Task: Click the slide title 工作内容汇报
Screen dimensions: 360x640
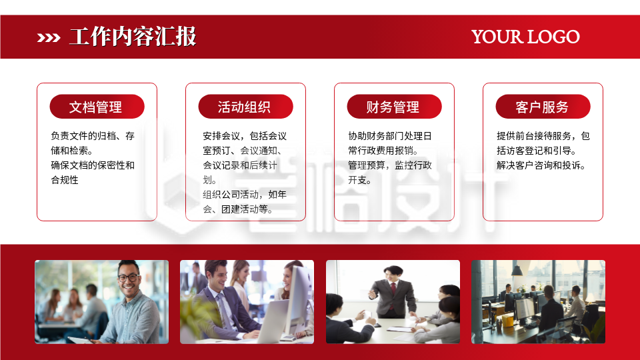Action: tap(132, 37)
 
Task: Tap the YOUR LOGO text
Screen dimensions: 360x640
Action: tap(525, 37)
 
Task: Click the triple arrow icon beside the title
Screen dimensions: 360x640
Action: tap(49, 37)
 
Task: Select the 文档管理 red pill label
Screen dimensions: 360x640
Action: tap(96, 107)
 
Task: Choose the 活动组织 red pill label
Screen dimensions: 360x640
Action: tap(245, 107)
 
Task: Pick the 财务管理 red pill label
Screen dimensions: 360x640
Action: tap(393, 107)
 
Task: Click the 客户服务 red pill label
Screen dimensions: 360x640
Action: tap(542, 107)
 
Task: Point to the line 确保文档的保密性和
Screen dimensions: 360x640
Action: tap(93, 165)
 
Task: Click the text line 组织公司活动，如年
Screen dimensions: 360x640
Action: tap(245, 195)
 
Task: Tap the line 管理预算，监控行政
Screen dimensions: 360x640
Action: tap(390, 165)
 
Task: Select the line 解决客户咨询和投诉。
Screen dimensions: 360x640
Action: tap(541, 165)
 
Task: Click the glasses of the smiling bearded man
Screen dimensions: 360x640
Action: tap(128, 277)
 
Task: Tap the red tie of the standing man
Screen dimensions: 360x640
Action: tap(393, 288)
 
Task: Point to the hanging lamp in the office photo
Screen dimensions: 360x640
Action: tap(517, 270)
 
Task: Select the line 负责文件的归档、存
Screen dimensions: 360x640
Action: tap(93, 136)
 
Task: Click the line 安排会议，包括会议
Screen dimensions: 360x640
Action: tap(245, 136)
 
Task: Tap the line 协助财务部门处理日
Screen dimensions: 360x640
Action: tap(390, 136)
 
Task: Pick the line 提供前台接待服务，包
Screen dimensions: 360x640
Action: tap(543, 136)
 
